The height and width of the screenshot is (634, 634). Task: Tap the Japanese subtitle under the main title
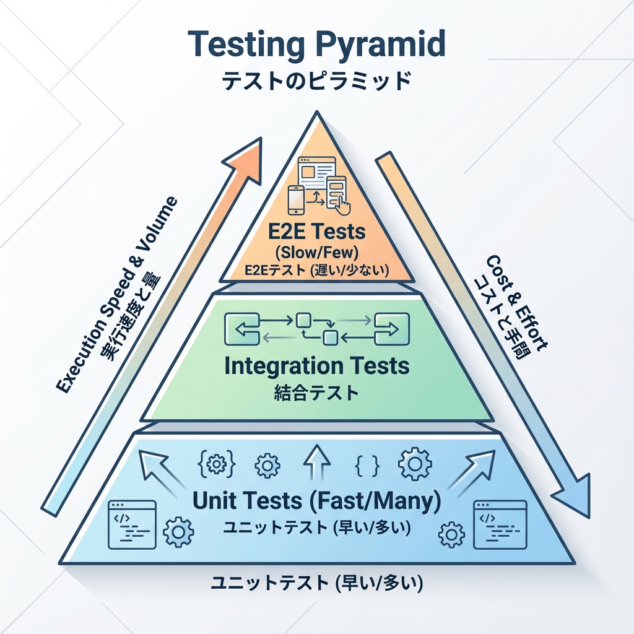(x=316, y=81)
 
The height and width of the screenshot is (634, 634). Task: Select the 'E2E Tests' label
(x=316, y=233)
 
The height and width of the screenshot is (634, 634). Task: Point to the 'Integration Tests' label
(x=316, y=365)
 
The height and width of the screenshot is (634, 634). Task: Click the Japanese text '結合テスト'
(x=316, y=393)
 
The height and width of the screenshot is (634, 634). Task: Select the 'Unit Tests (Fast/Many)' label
(x=316, y=502)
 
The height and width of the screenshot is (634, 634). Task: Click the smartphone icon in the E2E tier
(x=296, y=199)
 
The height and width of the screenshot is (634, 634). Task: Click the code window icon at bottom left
(x=132, y=525)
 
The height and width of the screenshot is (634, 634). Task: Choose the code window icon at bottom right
(x=500, y=525)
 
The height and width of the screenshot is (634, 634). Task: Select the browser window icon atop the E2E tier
(x=316, y=170)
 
